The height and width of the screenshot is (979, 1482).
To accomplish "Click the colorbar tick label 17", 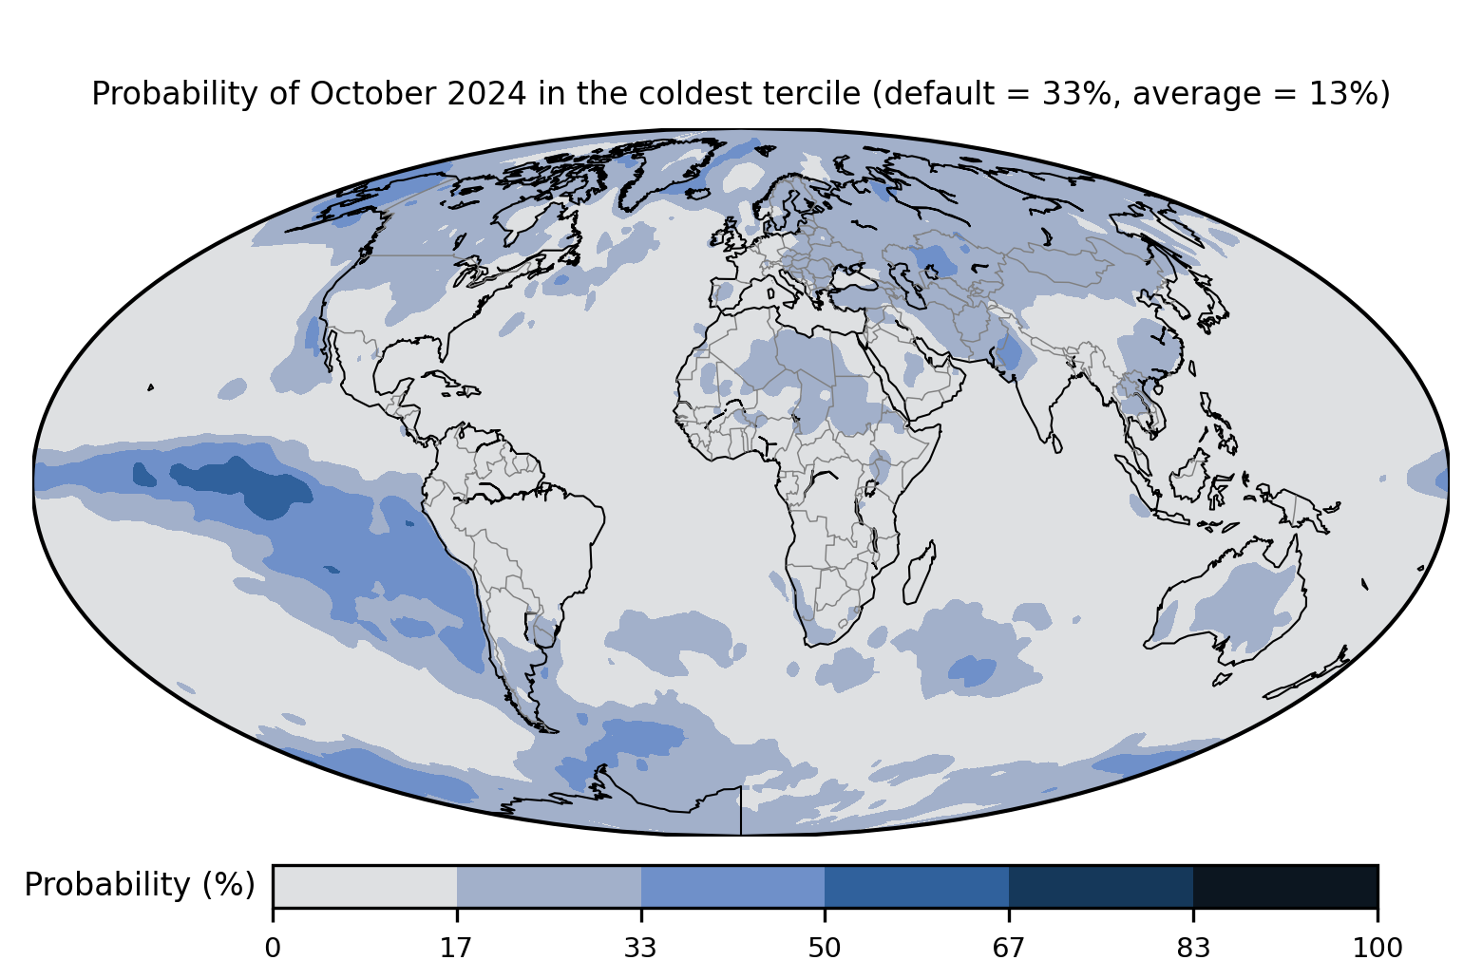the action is pyautogui.click(x=456, y=949).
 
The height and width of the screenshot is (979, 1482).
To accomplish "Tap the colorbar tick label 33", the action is pyautogui.click(x=640, y=949).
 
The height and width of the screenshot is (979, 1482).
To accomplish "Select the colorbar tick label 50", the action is pyautogui.click(x=825, y=949).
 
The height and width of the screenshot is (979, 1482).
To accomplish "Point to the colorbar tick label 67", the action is pyautogui.click(x=1008, y=949).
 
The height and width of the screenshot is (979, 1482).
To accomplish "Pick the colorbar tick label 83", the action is pyautogui.click(x=1193, y=949).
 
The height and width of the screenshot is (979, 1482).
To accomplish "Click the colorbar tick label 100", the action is pyautogui.click(x=1377, y=949).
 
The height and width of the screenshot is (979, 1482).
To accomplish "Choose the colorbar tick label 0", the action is pyautogui.click(x=273, y=949).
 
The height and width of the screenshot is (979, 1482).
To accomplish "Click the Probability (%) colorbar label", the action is pyautogui.click(x=140, y=885).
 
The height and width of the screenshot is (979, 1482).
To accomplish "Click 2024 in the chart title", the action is pyautogui.click(x=487, y=93).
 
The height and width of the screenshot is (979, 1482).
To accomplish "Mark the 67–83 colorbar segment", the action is pyautogui.click(x=1101, y=886).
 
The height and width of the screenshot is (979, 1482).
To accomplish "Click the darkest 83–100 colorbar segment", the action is pyautogui.click(x=1285, y=886).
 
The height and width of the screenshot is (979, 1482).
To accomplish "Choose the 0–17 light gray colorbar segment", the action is pyautogui.click(x=365, y=886).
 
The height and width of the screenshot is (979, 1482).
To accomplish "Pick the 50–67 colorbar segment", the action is pyautogui.click(x=917, y=886).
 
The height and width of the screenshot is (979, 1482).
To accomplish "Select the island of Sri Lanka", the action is pyautogui.click(x=1056, y=443).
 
